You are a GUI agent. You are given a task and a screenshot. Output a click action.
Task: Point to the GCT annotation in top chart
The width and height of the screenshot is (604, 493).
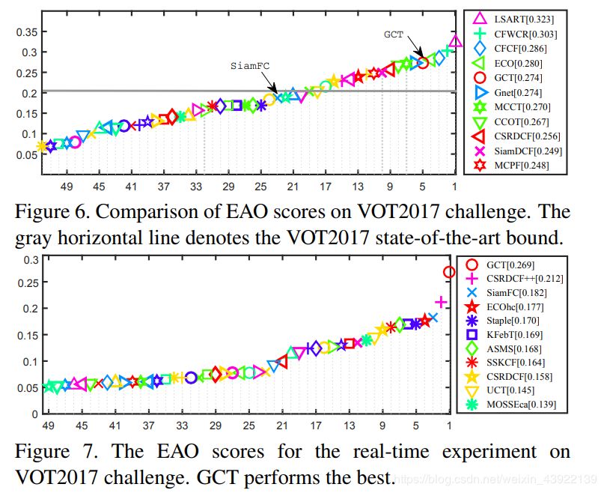(x=394, y=34)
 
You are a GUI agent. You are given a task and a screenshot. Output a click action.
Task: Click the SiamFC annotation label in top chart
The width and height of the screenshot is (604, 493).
(x=249, y=65)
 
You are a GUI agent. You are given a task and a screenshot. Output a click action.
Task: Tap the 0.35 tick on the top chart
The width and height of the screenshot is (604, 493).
(x=27, y=31)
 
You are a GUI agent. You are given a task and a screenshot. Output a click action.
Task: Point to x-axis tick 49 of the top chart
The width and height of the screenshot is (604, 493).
(x=67, y=186)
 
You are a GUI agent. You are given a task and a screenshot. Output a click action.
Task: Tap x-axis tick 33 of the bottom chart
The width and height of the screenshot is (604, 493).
(x=182, y=426)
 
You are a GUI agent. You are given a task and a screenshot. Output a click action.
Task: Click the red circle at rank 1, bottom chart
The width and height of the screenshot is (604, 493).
(x=449, y=272)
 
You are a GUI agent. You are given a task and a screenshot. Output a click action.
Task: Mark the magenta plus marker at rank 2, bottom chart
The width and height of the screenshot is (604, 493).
(x=441, y=301)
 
